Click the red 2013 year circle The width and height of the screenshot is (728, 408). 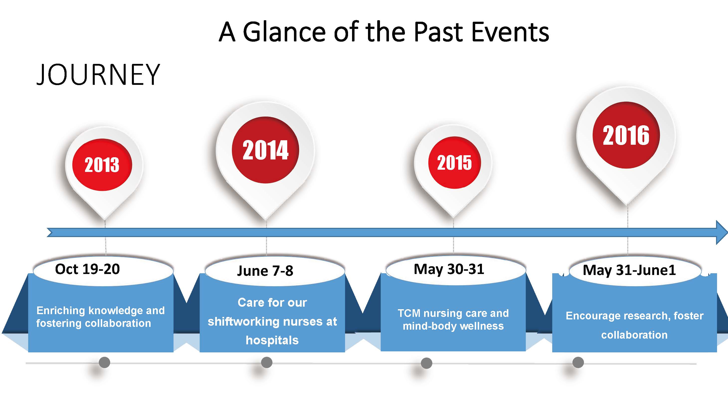click(x=102, y=165)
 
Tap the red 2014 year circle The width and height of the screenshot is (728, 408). click(x=265, y=150)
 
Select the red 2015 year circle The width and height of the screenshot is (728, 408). click(x=455, y=163)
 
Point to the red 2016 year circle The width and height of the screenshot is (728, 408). click(x=626, y=135)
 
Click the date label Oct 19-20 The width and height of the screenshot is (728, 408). click(x=88, y=269)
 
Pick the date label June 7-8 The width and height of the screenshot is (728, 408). click(x=265, y=271)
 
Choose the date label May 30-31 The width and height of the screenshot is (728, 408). click(x=449, y=269)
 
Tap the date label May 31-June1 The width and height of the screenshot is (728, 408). click(x=629, y=270)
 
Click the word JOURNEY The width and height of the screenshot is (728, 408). click(x=98, y=74)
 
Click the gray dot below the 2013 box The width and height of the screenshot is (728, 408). click(x=104, y=362)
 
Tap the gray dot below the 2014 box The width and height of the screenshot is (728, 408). click(x=267, y=362)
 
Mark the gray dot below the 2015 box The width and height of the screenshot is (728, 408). click(x=427, y=363)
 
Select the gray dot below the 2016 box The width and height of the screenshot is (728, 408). click(x=578, y=362)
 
